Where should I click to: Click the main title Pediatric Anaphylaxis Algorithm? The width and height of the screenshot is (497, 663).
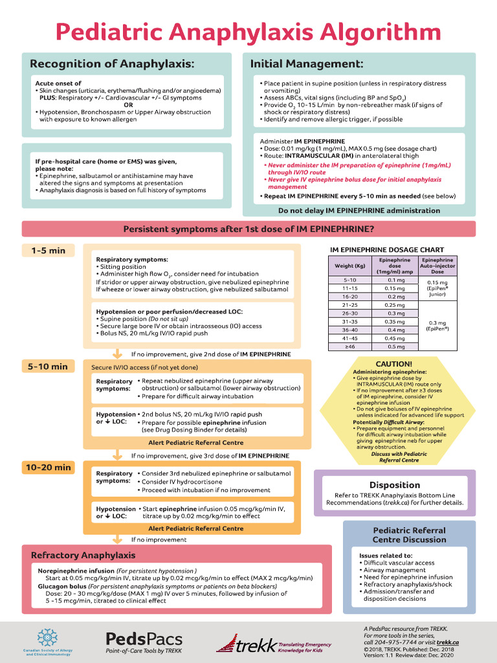pos(248,31)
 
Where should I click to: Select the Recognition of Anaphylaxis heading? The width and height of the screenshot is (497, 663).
pos(112,63)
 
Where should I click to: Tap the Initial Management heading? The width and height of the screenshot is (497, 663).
pos(306,63)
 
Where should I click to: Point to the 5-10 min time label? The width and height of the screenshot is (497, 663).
pos(47,366)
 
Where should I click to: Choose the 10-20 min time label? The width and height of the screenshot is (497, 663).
pos(49,467)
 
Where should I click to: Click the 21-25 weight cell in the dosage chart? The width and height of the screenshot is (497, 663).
pos(349,304)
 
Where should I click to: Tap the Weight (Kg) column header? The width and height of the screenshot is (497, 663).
pos(349,265)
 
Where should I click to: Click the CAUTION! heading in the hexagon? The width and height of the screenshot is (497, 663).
pos(393,364)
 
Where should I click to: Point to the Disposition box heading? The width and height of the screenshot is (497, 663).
pos(395,485)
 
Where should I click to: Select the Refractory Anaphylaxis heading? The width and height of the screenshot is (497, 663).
pos(83,556)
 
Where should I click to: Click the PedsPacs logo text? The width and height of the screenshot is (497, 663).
pos(144,639)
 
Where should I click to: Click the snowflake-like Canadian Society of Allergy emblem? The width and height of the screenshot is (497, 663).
pos(47,637)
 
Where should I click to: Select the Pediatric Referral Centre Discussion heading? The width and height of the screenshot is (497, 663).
pos(409,535)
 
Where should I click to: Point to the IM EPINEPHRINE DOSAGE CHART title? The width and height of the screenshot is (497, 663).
pos(387,249)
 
